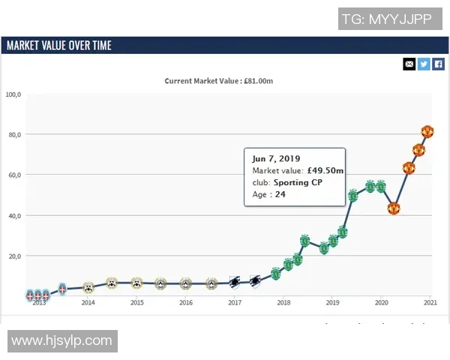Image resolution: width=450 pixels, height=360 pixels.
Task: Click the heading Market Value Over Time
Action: [58, 46]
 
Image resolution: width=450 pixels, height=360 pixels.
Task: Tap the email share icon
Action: [409, 64]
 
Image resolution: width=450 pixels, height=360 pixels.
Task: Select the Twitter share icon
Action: [424, 64]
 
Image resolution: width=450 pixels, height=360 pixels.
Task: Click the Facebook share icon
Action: [439, 64]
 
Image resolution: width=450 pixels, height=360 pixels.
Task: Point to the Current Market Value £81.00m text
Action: [224, 81]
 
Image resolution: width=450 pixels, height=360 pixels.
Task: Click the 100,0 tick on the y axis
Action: [13, 94]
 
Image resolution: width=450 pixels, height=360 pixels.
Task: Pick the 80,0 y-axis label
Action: [15, 135]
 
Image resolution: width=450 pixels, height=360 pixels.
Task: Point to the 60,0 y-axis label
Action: [15, 175]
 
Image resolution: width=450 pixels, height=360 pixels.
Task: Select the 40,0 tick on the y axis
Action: [15, 216]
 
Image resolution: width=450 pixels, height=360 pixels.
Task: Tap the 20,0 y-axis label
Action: [15, 256]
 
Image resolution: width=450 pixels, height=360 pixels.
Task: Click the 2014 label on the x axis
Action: [88, 303]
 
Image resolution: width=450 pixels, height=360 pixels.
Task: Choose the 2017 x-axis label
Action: [235, 303]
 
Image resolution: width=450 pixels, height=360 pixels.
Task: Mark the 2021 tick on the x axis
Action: [430, 303]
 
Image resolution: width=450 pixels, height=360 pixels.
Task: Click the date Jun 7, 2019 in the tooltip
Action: [275, 158]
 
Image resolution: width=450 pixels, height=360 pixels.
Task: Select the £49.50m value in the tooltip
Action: [325, 170]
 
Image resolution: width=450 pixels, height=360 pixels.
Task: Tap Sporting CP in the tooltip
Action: [298, 182]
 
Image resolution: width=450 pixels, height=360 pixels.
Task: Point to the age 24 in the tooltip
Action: [280, 194]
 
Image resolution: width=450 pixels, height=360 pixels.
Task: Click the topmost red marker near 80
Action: [427, 132]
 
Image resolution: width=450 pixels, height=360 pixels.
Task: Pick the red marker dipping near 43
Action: [393, 208]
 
